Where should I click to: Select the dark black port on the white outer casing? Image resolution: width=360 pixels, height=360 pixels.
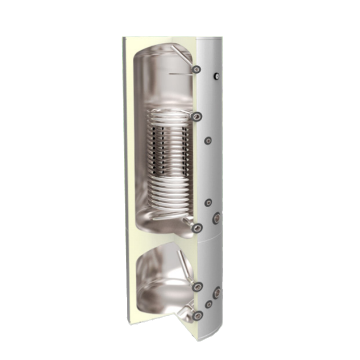[216, 77]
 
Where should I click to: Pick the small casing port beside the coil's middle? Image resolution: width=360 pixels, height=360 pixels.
[207, 140]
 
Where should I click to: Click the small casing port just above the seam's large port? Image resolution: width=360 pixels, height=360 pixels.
[207, 203]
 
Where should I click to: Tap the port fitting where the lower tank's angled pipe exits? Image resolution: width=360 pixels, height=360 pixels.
[195, 287]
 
